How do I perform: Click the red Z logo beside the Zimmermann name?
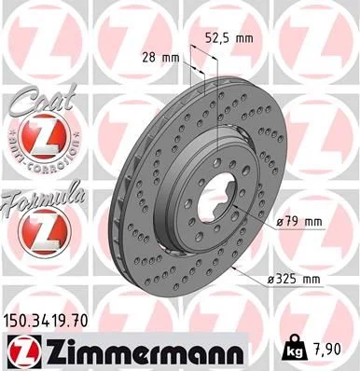coord(23,350)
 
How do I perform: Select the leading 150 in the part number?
coord(21,321)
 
